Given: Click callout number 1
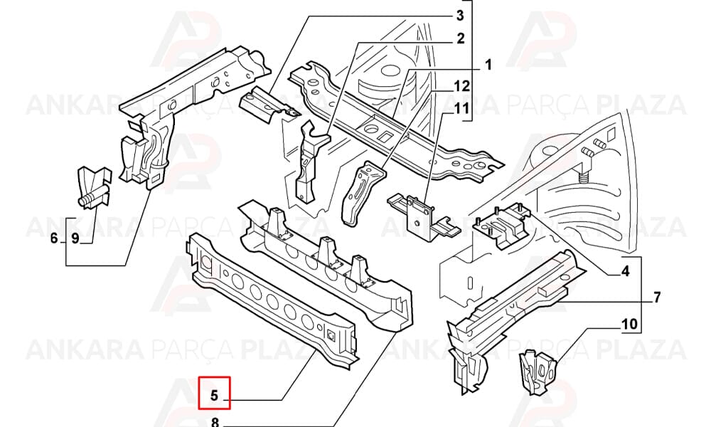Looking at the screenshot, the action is (x=488, y=65).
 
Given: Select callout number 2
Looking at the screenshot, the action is (x=461, y=38).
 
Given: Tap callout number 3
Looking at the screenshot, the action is (x=460, y=16).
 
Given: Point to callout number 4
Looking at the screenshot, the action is (x=625, y=271).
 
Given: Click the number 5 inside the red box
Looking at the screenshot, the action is (x=215, y=395).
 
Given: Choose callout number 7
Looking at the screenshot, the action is (x=657, y=297).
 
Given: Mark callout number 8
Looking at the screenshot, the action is (x=215, y=423).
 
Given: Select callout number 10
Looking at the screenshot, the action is (x=629, y=325).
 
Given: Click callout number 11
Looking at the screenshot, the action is (x=462, y=108).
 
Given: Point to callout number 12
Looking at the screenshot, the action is (x=462, y=85).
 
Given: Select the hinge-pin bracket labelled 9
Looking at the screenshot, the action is (x=94, y=187).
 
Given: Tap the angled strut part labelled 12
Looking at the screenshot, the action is (x=362, y=193).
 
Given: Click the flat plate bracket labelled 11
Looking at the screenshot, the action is (x=423, y=216).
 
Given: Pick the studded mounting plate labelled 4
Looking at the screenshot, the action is (x=502, y=225).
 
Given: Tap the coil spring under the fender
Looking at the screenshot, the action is (x=585, y=174).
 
